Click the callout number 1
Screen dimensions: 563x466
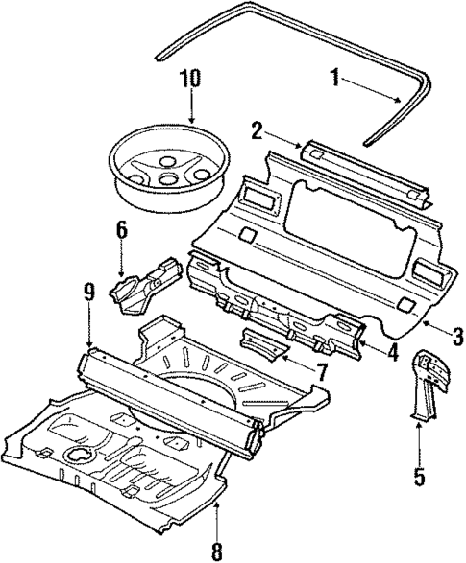click(x=335, y=78)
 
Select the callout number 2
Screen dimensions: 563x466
click(x=256, y=129)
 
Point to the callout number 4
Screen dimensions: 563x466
click(x=392, y=352)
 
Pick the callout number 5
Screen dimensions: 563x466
click(x=418, y=472)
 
